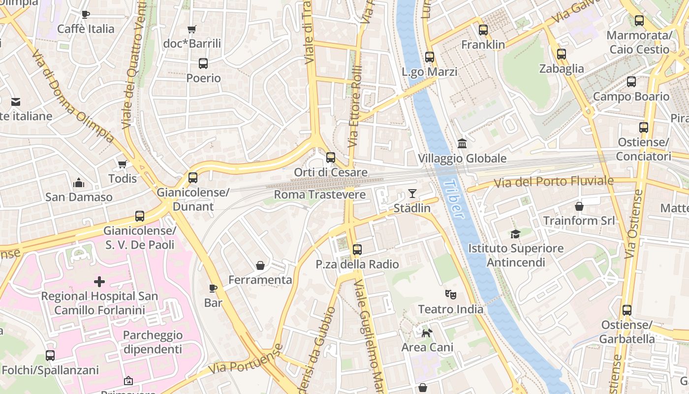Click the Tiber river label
pyautogui.click(x=454, y=199)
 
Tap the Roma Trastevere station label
pyautogui.click(x=320, y=195)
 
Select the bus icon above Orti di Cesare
pyautogui.click(x=331, y=158)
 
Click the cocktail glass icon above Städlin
pyautogui.click(x=412, y=194)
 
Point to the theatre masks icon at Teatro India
pyautogui.click(x=450, y=295)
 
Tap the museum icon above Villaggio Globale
pyautogui.click(x=462, y=143)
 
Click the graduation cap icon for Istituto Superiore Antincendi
pyautogui.click(x=515, y=234)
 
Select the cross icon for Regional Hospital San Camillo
pyautogui.click(x=99, y=282)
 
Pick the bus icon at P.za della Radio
pyautogui.click(x=357, y=250)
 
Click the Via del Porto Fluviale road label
pyautogui.click(x=554, y=182)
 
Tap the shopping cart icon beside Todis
pyautogui.click(x=122, y=164)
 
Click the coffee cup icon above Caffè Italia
pyautogui.click(x=86, y=14)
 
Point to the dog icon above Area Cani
pyautogui.click(x=427, y=333)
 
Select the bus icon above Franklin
pyautogui.click(x=483, y=30)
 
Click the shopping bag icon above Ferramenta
pyautogui.click(x=260, y=265)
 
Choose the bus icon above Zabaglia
pyautogui.click(x=562, y=54)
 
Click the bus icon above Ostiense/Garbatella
pyautogui.click(x=626, y=310)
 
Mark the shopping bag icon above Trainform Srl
pyautogui.click(x=579, y=206)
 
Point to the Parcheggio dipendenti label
pyautogui.click(x=153, y=342)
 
